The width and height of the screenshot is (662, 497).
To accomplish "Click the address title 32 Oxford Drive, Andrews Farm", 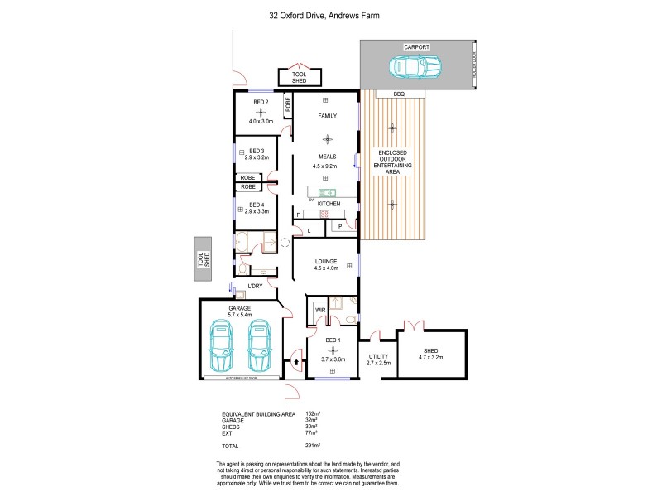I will (330, 15).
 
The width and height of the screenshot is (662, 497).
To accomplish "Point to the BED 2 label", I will (261, 102).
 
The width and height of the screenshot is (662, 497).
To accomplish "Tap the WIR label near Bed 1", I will (320, 310).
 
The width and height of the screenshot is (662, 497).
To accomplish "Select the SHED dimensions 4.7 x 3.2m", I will (430, 357).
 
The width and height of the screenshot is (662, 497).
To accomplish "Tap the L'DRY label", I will (256, 286).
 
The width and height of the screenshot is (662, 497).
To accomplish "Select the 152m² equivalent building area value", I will (313, 413).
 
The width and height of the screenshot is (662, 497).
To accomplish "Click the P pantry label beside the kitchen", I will (340, 225).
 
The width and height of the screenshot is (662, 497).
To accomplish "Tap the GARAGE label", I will (240, 307).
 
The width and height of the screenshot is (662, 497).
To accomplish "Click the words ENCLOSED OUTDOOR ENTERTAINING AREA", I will (392, 162).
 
